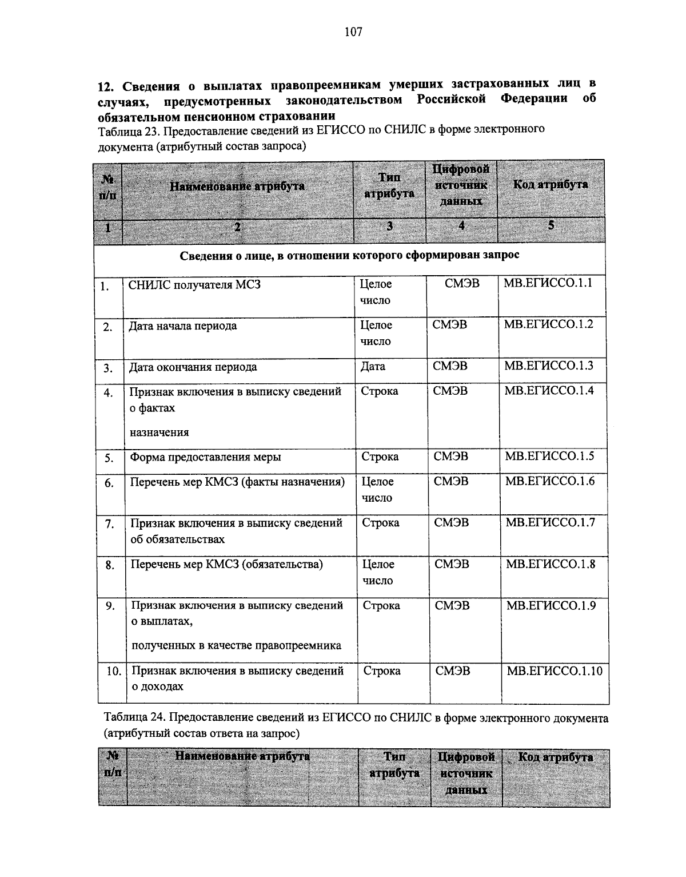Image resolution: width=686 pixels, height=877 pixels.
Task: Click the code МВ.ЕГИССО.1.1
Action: click(x=548, y=283)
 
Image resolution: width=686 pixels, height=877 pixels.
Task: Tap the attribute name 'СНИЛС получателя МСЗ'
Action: click(x=194, y=284)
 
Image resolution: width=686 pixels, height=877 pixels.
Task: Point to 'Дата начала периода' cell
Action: click(x=183, y=326)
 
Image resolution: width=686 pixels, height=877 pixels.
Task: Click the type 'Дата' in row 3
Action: click(x=373, y=366)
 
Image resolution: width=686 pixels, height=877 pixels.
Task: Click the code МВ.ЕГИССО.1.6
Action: click(x=550, y=481)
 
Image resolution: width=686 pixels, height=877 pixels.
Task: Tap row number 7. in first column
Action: click(x=110, y=524)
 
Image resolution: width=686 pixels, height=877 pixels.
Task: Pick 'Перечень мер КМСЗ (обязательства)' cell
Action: click(x=227, y=565)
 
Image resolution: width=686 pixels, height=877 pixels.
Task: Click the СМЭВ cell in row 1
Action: click(x=462, y=283)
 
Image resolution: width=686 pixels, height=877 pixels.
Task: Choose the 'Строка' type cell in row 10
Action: click(x=382, y=670)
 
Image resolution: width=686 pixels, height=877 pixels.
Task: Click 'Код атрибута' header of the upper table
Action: click(x=550, y=185)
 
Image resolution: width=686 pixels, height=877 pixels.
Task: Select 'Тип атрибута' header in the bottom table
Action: click(x=394, y=765)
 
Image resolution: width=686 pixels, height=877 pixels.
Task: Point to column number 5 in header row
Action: click(x=551, y=225)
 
